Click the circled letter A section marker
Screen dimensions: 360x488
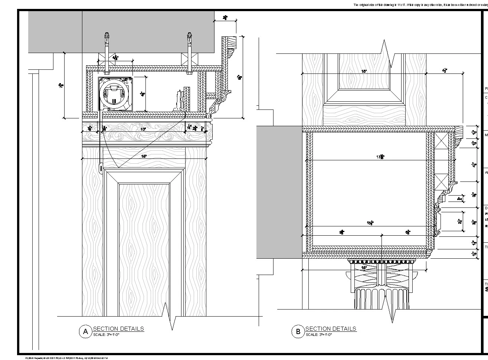(85, 332)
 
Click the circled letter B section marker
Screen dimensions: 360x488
(298, 332)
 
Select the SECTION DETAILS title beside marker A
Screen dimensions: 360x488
(118, 328)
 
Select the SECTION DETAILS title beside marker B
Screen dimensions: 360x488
(331, 328)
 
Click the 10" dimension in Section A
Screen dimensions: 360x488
(143, 129)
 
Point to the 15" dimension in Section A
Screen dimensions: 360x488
(144, 156)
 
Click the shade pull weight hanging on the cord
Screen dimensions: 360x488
(101, 168)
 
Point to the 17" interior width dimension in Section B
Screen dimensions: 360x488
(380, 157)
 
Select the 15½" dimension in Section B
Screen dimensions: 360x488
(370, 223)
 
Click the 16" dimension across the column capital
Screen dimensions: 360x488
(364, 267)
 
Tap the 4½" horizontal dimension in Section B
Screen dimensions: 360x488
(444, 70)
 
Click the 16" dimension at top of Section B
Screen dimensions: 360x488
(364, 71)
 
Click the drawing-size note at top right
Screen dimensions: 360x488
(419, 5)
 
